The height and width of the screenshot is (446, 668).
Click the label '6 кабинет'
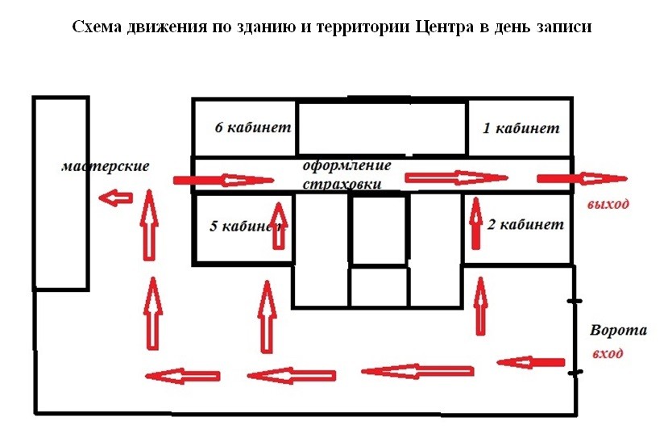point(253,127)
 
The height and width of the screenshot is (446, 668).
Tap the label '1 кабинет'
point(521,128)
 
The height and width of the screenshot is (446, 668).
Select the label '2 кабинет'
point(525,224)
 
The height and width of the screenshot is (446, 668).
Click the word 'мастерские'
point(106,166)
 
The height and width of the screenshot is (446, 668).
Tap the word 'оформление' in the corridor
point(346,166)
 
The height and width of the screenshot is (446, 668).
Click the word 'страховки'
point(342,184)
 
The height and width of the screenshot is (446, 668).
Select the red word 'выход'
point(608,204)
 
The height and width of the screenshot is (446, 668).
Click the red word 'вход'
point(608,353)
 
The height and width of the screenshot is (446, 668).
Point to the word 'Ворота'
point(618,330)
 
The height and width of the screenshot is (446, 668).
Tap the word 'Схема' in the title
point(97,27)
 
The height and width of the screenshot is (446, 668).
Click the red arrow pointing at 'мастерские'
point(115,198)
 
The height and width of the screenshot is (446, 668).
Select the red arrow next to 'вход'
point(531,363)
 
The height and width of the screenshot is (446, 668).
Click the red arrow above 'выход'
point(582,179)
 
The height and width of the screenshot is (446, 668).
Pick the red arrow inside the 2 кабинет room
point(476,223)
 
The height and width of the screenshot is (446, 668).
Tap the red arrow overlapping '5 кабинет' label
point(279,226)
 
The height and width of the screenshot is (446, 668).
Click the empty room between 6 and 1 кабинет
point(382,128)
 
